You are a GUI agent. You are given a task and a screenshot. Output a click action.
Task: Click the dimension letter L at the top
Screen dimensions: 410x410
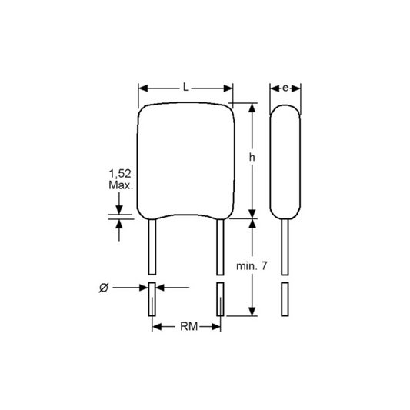(x=185, y=87)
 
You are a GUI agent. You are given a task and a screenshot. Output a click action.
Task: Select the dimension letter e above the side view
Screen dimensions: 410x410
(x=285, y=88)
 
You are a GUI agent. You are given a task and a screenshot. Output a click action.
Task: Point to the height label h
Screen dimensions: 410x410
(x=252, y=157)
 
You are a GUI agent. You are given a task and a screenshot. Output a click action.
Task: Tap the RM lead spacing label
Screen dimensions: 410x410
(x=188, y=326)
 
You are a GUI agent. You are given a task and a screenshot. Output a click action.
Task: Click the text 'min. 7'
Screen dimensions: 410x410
(x=252, y=266)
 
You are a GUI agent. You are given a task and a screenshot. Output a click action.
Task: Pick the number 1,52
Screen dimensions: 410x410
(x=120, y=173)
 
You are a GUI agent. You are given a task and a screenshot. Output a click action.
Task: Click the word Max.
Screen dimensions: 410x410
(x=121, y=185)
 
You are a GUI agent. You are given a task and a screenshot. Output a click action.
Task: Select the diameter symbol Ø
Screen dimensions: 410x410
(x=104, y=288)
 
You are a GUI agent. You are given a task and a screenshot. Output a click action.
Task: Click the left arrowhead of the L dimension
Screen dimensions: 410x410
(x=143, y=88)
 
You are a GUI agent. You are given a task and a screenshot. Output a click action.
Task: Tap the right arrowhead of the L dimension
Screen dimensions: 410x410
(x=228, y=88)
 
